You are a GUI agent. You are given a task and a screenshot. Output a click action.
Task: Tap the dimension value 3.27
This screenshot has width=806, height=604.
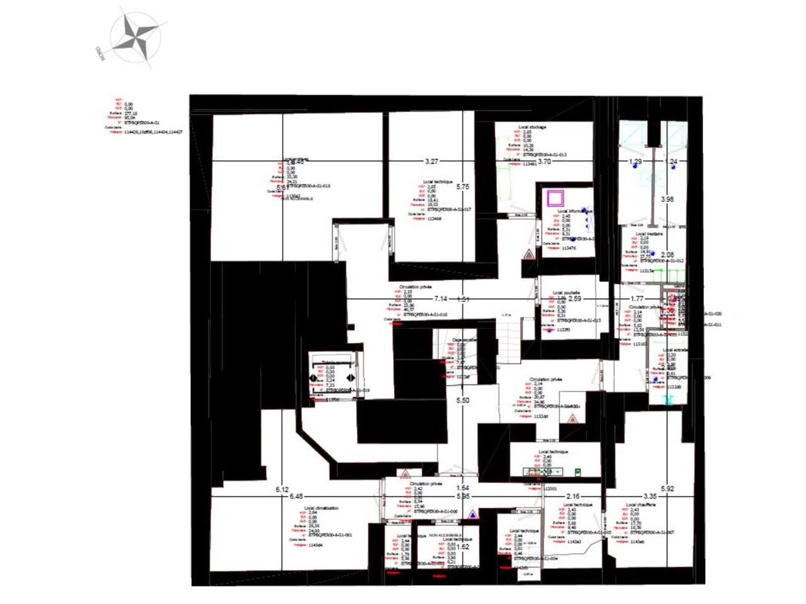431,162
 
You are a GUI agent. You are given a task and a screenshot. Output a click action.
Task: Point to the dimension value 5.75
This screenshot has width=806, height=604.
463,187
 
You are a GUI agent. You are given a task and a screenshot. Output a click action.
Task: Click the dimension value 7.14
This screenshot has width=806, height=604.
441,299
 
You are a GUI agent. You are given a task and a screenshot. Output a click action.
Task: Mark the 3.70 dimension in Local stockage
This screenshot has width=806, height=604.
544,162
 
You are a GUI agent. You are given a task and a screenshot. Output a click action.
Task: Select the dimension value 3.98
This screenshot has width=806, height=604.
667,199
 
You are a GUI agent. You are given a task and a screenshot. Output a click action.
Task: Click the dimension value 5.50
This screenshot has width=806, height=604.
463,400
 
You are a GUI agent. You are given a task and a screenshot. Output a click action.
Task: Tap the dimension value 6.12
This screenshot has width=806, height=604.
282,489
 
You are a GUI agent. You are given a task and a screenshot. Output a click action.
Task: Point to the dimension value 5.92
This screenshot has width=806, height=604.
667,489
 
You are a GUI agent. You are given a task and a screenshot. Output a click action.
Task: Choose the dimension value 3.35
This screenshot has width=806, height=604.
650,496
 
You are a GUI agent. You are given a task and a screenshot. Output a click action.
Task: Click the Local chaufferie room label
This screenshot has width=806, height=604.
640,505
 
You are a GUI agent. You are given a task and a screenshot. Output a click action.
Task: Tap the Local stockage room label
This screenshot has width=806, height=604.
532,127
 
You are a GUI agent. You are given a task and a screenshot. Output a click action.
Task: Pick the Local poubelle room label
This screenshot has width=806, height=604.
566,293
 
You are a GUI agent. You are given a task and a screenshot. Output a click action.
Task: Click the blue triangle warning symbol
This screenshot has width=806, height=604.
471,514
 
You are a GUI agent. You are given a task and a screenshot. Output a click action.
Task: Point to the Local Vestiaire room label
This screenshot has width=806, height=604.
649,233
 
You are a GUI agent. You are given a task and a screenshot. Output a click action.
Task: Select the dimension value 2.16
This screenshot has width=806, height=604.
573,496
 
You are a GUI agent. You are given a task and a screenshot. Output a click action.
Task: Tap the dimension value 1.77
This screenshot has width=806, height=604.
637,299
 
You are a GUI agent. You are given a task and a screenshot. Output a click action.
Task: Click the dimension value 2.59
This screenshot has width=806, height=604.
574,299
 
